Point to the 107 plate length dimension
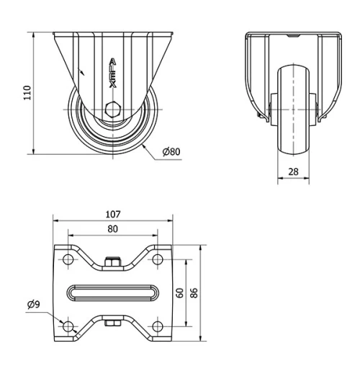(113, 213)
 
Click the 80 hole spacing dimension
(113, 228)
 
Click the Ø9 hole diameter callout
(34, 305)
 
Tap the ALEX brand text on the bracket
(112, 73)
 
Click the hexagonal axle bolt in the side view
(113, 110)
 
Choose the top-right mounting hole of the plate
(157, 259)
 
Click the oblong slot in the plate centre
(113, 293)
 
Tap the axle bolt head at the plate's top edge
(113, 262)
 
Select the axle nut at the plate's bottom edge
(113, 324)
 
